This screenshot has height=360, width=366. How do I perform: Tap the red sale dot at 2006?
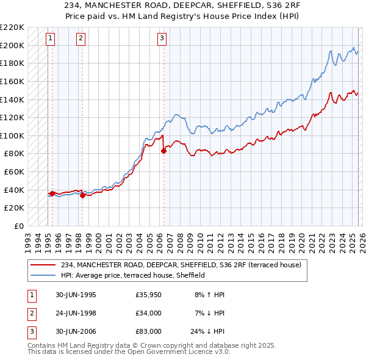coord(163,151)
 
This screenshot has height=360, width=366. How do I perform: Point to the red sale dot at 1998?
coord(82,195)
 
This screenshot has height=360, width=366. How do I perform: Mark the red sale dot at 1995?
coord(52,193)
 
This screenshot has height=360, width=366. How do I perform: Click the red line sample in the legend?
coord(44,264)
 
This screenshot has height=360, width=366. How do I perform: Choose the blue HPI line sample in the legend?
coord(44,275)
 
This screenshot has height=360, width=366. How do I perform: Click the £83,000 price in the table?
coord(149,332)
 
